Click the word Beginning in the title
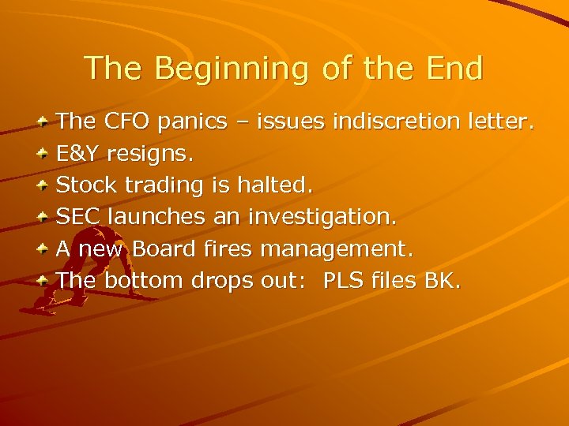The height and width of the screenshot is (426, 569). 232,69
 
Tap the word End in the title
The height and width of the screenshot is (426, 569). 452,68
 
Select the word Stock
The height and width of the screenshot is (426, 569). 85,185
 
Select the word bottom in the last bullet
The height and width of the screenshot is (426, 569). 141,280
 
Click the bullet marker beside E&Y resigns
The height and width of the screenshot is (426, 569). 44,154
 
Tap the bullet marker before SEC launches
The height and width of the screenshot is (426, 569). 44,217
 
